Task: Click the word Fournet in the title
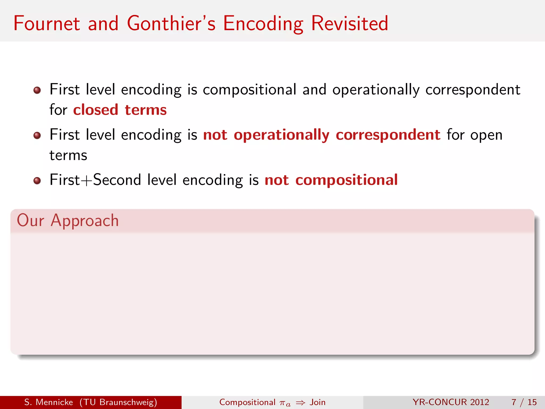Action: point(47,23)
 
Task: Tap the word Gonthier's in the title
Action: point(171,23)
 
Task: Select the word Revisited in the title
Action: point(349,23)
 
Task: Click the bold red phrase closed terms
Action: point(120,110)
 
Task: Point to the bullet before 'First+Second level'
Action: point(37,181)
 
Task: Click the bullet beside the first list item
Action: point(37,90)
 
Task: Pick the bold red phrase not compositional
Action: point(331,180)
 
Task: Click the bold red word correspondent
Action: point(388,135)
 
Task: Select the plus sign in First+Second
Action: point(86,181)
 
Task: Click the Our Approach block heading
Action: point(68,221)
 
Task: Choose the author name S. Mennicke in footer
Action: point(48,402)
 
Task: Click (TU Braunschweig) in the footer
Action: point(118,402)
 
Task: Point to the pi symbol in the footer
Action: point(282,403)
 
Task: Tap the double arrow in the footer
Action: point(300,403)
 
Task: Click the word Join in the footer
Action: point(317,402)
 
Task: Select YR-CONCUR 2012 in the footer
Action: point(451,402)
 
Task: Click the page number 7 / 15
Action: point(524,402)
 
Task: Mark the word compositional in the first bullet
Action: point(249,90)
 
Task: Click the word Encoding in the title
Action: point(263,24)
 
